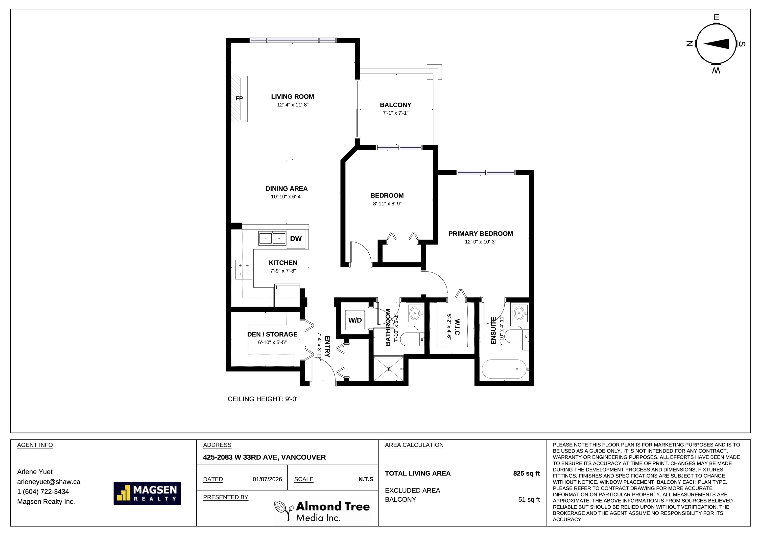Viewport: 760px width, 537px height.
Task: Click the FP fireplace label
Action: pyautogui.click(x=239, y=98)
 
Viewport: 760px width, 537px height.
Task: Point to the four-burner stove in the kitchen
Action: pyautogui.click(x=244, y=270)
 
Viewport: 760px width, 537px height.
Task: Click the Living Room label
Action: pyautogui.click(x=293, y=97)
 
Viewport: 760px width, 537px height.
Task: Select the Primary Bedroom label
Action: pyautogui.click(x=481, y=234)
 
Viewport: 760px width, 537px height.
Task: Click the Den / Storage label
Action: pyautogui.click(x=272, y=335)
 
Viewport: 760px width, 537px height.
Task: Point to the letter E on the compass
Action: pyautogui.click(x=716, y=18)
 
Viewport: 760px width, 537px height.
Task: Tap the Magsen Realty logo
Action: pyautogui.click(x=147, y=493)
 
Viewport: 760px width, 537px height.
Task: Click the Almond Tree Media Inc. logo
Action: pyautogui.click(x=322, y=511)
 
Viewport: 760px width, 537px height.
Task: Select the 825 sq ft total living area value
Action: pyautogui.click(x=526, y=473)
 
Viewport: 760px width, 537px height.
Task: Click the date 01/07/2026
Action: pyautogui.click(x=267, y=479)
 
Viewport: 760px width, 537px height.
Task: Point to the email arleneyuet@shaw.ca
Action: pyautogui.click(x=49, y=482)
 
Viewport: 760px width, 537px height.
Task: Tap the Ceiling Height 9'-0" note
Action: pyautogui.click(x=263, y=399)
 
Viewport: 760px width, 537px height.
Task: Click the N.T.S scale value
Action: pyautogui.click(x=366, y=479)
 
